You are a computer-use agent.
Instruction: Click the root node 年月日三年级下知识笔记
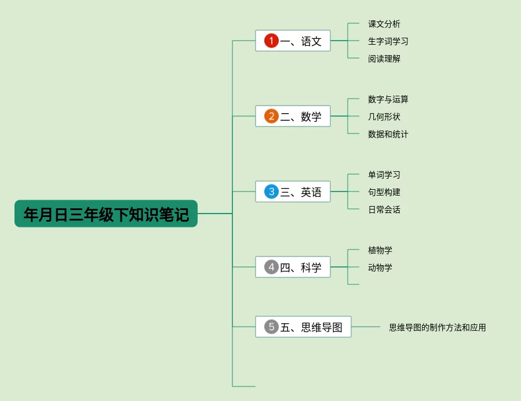click(x=106, y=214)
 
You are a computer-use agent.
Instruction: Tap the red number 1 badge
click(x=271, y=41)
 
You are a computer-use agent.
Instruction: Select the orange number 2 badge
click(x=271, y=116)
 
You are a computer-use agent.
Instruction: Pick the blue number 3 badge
click(x=271, y=192)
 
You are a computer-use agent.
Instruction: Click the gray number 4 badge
click(x=271, y=267)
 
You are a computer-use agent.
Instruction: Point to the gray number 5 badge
click(x=271, y=327)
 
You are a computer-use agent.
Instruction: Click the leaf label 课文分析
click(x=384, y=24)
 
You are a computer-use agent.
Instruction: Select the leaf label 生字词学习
click(x=388, y=41)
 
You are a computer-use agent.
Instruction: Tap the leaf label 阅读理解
click(x=384, y=59)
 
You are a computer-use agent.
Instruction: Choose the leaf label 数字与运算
click(x=388, y=99)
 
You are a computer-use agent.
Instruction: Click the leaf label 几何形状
click(x=384, y=117)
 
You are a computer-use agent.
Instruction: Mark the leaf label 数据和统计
click(x=388, y=134)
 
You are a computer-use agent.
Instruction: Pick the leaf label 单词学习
click(x=384, y=175)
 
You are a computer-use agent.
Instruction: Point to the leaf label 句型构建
click(x=384, y=192)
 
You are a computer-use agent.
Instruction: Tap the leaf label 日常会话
click(x=384, y=209)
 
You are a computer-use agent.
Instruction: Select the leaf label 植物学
click(x=380, y=250)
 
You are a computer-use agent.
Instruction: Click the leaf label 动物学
click(x=380, y=268)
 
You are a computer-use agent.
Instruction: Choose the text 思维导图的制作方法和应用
click(x=438, y=327)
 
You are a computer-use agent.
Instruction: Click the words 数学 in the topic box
click(x=311, y=117)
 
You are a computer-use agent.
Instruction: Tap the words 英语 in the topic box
click(x=311, y=192)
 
